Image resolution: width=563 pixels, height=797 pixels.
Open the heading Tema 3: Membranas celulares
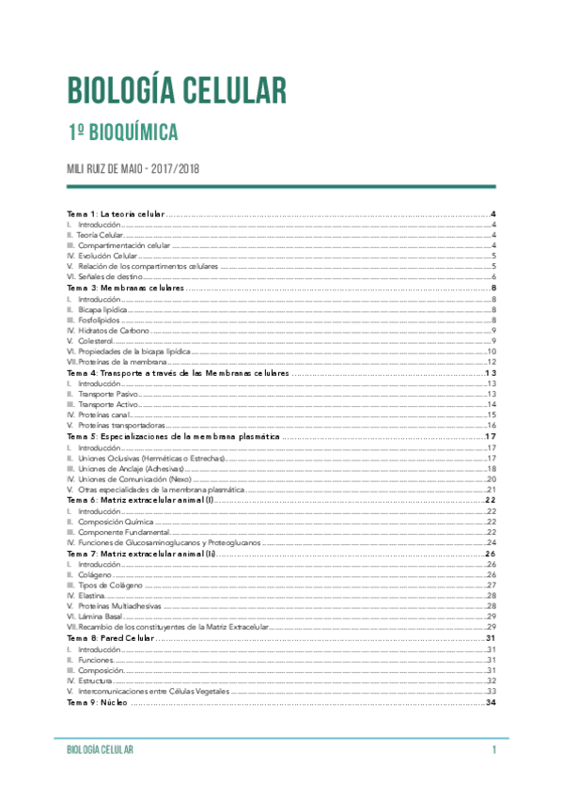125,288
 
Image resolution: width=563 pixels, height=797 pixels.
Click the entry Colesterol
98,340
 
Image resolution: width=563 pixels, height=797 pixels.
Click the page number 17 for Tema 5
490,437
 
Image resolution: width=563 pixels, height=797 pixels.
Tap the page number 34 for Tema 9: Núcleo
490,703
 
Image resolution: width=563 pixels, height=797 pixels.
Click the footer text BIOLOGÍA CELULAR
93,750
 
